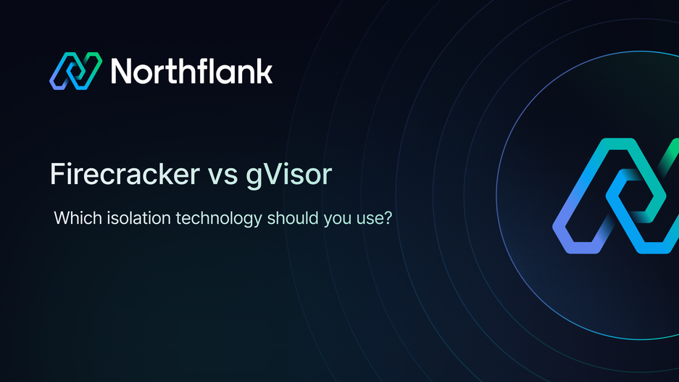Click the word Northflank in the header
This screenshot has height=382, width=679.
pyautogui.click(x=191, y=72)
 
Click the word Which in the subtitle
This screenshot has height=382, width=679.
pyautogui.click(x=74, y=217)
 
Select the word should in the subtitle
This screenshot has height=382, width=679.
pyautogui.click(x=291, y=217)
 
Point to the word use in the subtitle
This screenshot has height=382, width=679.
pyautogui.click(x=368, y=218)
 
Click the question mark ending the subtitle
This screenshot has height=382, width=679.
pyautogui.click(x=388, y=217)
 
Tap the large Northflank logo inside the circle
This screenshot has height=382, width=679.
pyautogui.click(x=616, y=196)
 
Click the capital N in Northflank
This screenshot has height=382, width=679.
pyautogui.click(x=122, y=72)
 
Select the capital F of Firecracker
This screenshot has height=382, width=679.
pyautogui.click(x=56, y=174)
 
